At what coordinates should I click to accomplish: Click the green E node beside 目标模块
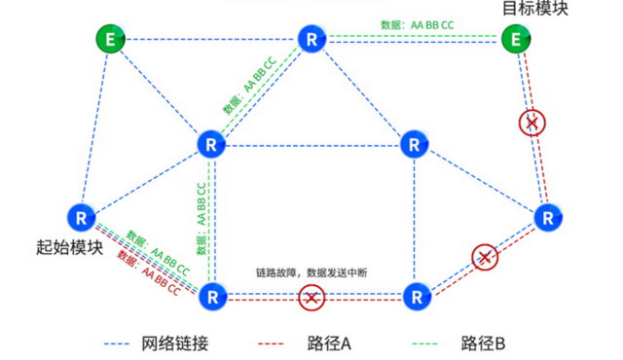(x=514, y=39)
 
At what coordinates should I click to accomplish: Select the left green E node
(x=108, y=39)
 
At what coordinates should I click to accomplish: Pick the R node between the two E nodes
(x=311, y=39)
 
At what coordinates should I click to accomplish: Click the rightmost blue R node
(x=549, y=215)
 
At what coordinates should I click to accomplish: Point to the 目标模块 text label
(x=533, y=10)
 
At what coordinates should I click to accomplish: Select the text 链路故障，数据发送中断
(x=311, y=273)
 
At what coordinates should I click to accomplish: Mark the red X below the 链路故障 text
(x=311, y=298)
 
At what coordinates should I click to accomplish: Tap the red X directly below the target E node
(x=531, y=123)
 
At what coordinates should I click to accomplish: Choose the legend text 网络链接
(x=175, y=343)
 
